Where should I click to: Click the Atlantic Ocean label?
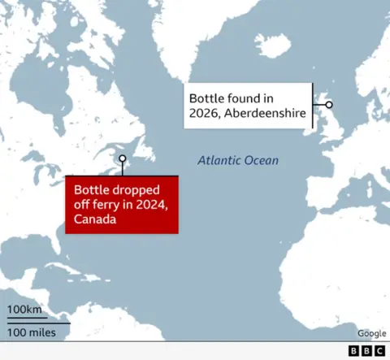tap(238, 161)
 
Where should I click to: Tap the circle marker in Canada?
tap(122, 159)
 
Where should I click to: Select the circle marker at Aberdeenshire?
tap(328, 105)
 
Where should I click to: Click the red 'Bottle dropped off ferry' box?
tap(122, 204)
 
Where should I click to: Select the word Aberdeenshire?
tap(266, 114)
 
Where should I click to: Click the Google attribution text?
tap(371, 333)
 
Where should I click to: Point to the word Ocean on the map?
tap(262, 161)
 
